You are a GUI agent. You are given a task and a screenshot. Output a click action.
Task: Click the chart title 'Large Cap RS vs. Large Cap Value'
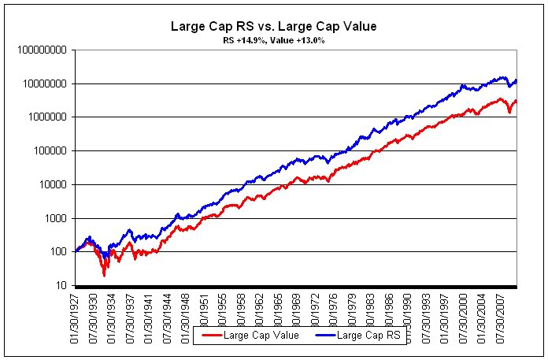pos(273,26)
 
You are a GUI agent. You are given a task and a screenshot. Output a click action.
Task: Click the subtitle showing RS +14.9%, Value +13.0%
pos(273,39)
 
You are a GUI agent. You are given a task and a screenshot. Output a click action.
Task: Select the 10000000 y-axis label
pos(42,84)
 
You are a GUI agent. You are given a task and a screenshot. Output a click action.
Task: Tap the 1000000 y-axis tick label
pos(44,117)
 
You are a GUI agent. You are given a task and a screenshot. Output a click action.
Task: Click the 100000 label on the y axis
pos(46,151)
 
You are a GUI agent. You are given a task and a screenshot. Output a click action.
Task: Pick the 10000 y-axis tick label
pos(50,185)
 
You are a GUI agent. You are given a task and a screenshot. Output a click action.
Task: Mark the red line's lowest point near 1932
pos(104,275)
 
